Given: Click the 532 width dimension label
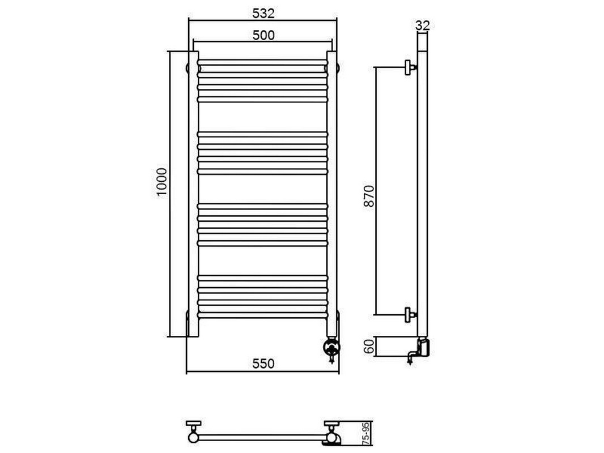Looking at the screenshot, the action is tap(263, 14).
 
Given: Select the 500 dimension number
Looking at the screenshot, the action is tap(263, 36).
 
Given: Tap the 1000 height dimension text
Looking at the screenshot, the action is tap(162, 182).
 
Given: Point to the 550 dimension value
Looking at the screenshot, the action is tap(263, 364).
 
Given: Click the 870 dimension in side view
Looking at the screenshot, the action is tap(369, 196).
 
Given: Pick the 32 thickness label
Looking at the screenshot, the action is tap(423, 25).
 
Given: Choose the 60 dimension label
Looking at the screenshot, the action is tap(369, 347).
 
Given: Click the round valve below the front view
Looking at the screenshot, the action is tap(331, 347).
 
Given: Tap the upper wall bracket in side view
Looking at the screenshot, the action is tap(410, 67).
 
